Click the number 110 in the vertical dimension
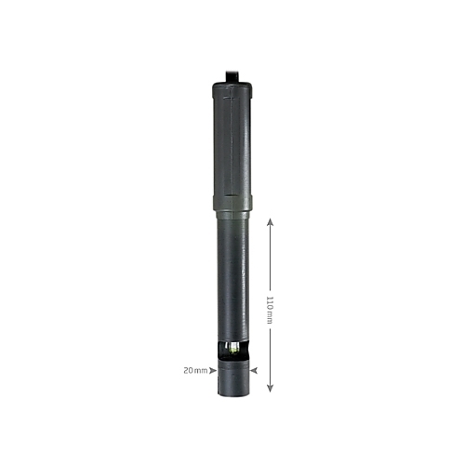click(270, 302)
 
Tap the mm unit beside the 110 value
click(270, 318)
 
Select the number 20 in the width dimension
click(189, 370)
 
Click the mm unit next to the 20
click(202, 370)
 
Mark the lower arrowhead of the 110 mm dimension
click(270, 388)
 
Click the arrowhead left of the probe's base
click(213, 370)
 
